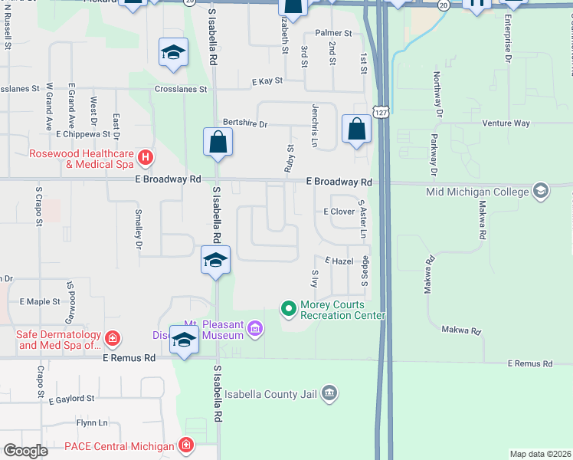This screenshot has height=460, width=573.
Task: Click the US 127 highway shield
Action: [381, 112]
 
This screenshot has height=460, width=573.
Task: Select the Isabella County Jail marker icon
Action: [329, 393]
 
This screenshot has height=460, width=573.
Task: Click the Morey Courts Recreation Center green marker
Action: [289, 309]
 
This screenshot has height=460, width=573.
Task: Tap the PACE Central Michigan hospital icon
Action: [185, 445]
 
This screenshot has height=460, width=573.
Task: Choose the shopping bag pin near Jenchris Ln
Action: [356, 129]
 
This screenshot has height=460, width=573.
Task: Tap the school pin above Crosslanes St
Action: [173, 53]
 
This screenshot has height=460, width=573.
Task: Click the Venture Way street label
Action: [506, 123]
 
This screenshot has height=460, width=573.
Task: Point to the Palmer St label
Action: [333, 34]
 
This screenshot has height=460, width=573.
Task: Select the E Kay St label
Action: [267, 80]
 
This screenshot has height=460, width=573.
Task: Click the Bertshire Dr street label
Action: [244, 123]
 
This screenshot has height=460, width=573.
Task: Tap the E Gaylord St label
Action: [70, 399]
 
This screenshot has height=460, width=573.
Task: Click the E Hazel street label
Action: [337, 261]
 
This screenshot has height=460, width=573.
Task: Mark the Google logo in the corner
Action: [26, 452]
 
